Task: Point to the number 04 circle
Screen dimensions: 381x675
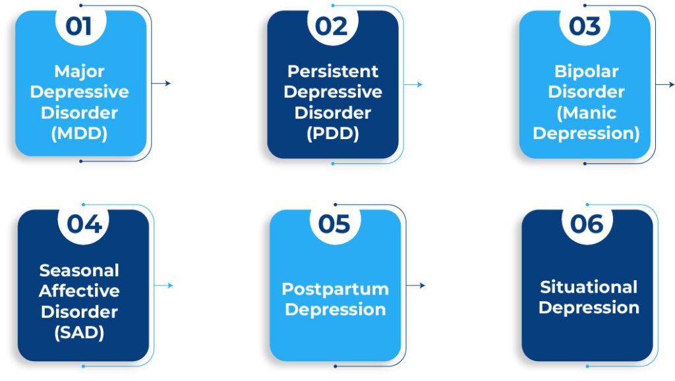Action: click(84, 224)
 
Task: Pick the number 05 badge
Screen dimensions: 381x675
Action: click(334, 224)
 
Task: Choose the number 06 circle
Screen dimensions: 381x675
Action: click(587, 224)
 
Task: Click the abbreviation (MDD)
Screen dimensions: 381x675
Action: click(79, 134)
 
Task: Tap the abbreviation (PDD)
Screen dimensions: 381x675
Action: click(333, 134)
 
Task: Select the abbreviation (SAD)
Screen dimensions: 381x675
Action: click(79, 333)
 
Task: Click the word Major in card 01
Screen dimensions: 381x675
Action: click(79, 71)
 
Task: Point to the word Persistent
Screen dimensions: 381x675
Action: click(333, 71)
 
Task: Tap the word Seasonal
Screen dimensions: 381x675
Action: click(79, 270)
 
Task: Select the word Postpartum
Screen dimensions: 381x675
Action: click(335, 289)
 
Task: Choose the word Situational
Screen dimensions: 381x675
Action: click(589, 287)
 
